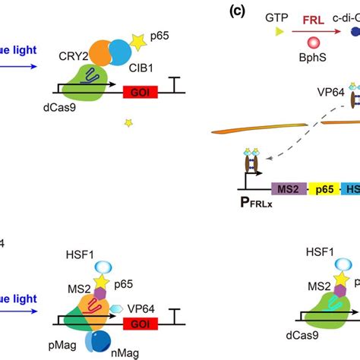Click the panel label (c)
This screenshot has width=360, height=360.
click(x=217, y=12)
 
